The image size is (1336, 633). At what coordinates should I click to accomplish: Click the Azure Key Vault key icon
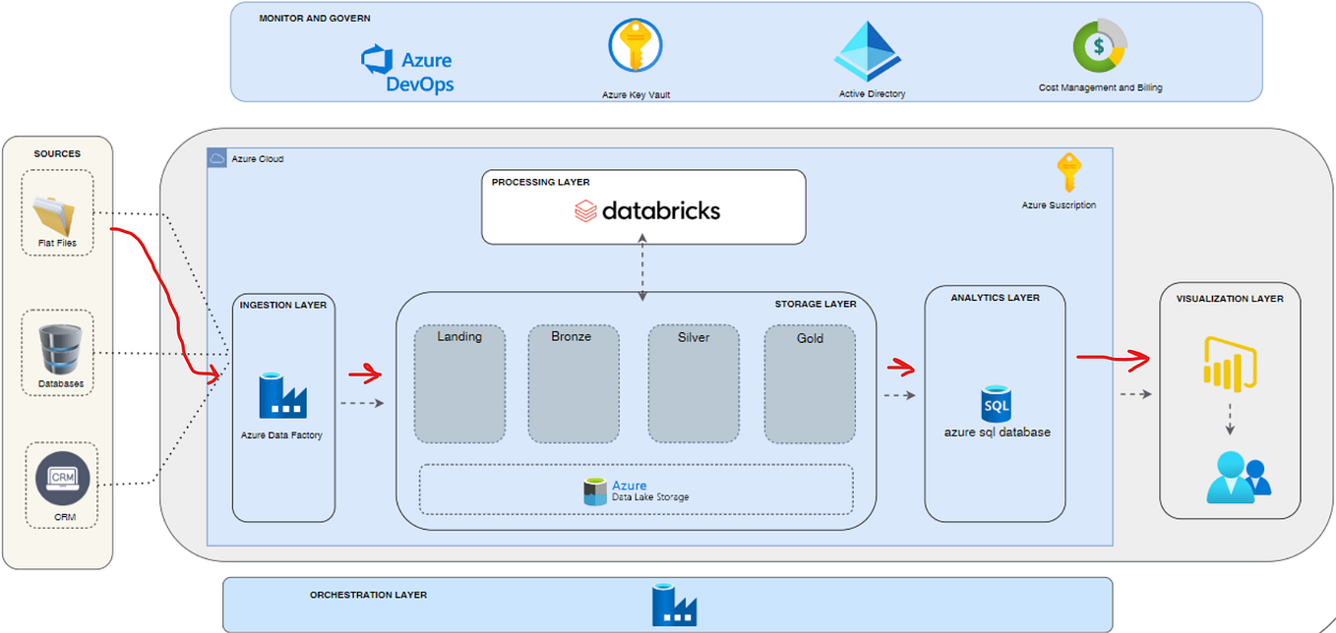[636, 46]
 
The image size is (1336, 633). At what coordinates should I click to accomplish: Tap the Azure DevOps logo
[407, 69]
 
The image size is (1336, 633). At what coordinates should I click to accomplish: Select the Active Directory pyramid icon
[869, 51]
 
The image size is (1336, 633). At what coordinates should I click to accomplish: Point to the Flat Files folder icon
[57, 212]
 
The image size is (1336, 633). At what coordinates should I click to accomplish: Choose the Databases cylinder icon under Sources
[57, 348]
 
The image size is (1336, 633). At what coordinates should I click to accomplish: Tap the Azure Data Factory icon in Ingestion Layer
[282, 395]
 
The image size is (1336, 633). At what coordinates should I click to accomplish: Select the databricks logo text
[647, 209]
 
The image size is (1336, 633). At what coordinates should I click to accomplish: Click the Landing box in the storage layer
[459, 384]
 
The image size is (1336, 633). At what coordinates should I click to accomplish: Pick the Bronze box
[573, 384]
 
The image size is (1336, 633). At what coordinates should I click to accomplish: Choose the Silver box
[694, 384]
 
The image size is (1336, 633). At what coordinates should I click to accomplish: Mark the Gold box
[810, 384]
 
